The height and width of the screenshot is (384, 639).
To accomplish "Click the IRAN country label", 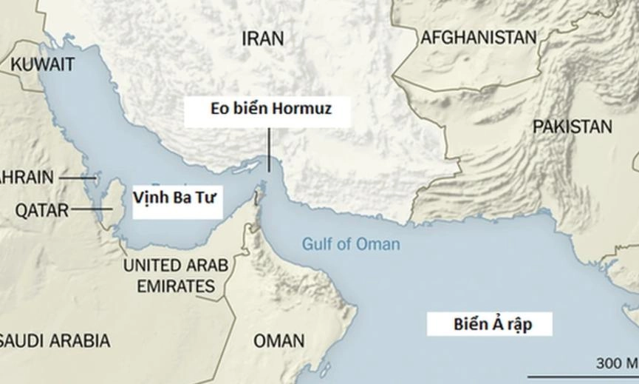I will [262, 38].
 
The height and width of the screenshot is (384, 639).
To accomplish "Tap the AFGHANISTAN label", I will [478, 38].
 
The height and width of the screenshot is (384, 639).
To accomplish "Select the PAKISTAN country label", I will [573, 127].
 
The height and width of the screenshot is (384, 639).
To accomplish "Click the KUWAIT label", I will [42, 64].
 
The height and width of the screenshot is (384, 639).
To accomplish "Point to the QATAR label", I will [41, 210].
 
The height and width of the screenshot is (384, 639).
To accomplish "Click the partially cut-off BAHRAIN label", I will [27, 178].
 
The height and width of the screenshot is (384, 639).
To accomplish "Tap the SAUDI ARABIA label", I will [55, 341].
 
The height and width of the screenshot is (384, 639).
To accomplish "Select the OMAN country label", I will [279, 341].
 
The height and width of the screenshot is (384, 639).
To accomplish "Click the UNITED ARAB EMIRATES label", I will [175, 275].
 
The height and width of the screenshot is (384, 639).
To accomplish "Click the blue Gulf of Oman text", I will [351, 244].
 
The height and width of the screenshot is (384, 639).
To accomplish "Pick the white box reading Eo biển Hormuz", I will [267, 110].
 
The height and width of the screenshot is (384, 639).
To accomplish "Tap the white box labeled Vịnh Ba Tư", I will [177, 199].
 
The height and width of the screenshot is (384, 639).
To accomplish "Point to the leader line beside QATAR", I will [90, 210].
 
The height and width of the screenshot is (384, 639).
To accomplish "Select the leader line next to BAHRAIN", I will [77, 178].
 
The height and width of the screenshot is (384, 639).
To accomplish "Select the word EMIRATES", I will [175, 286].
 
